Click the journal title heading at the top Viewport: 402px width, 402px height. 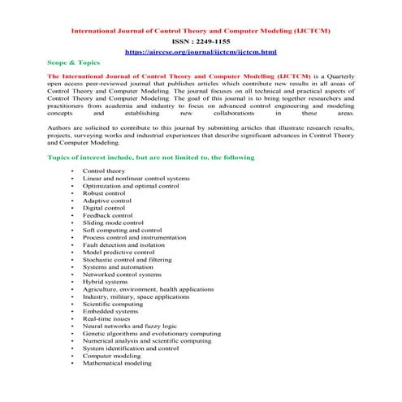pyautogui.click(x=201, y=30)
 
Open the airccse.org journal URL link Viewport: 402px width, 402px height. pyautogui.click(x=201, y=50)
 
